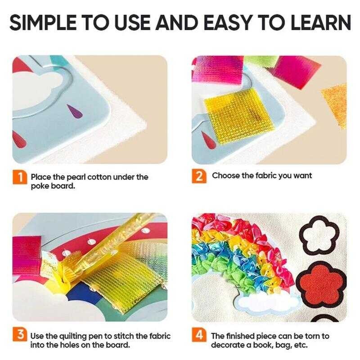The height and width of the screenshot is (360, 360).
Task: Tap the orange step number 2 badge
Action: coord(199,176)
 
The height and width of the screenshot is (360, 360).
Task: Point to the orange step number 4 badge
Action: coord(198,336)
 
